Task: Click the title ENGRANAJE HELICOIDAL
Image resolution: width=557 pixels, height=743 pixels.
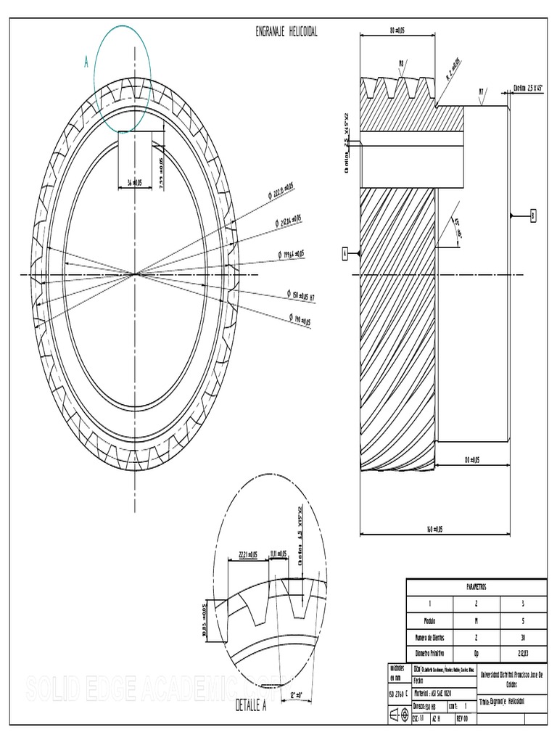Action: pyautogui.click(x=286, y=32)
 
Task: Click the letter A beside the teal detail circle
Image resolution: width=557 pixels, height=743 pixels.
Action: pyautogui.click(x=86, y=64)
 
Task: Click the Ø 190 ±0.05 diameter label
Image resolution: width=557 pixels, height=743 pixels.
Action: pyautogui.click(x=299, y=320)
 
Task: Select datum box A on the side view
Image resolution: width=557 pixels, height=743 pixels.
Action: pyautogui.click(x=345, y=253)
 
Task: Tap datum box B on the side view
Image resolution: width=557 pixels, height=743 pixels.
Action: pyautogui.click(x=533, y=215)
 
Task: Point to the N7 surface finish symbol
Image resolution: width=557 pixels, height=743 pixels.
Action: pyautogui.click(x=482, y=91)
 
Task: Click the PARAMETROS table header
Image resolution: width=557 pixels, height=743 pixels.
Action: pyautogui.click(x=476, y=586)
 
